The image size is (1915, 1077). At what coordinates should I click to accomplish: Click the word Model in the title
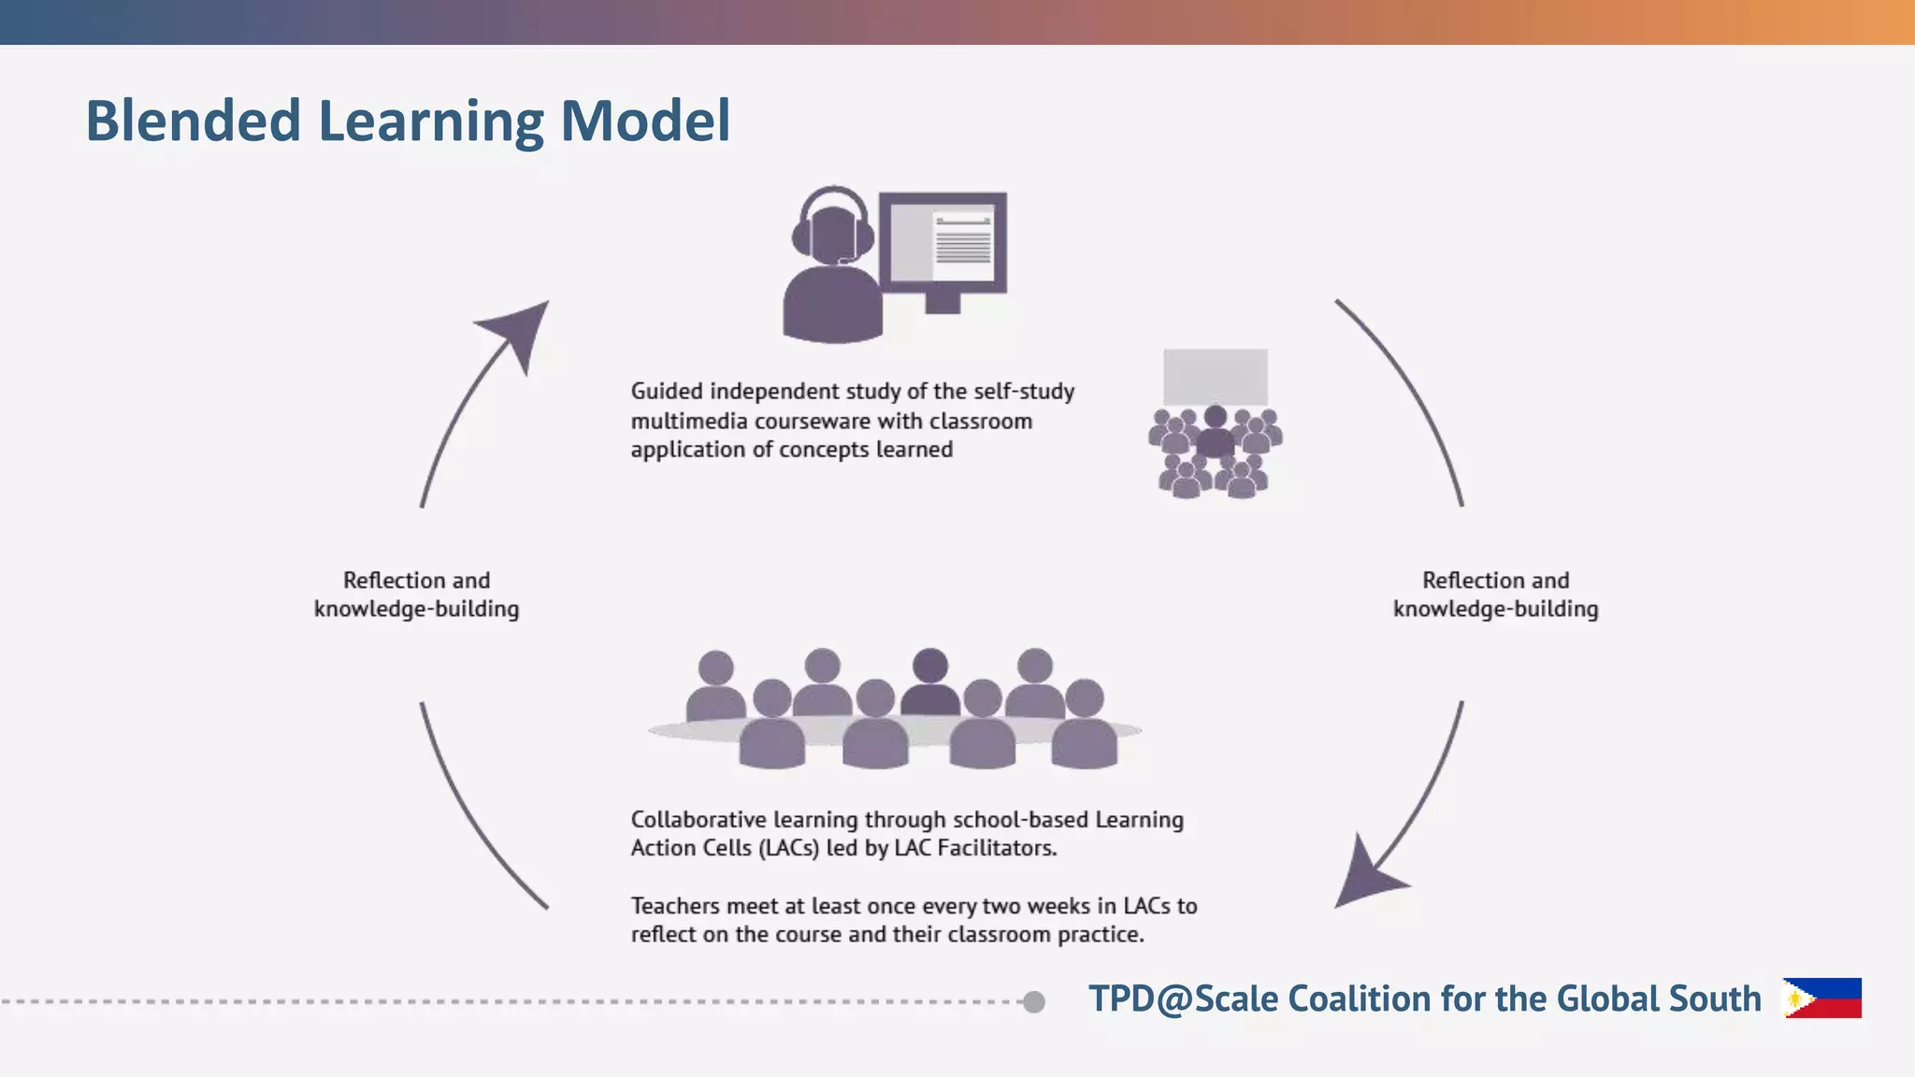coord(645,121)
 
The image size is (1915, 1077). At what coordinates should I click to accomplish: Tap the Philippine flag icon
coord(1821,998)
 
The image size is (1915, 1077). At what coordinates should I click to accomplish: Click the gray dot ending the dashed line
coord(1033,1001)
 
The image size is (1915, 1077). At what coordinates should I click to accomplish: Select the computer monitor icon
coord(943,242)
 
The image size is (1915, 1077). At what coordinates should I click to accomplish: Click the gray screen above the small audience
coord(1215,376)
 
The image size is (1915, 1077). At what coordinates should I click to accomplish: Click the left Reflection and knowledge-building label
coord(416,595)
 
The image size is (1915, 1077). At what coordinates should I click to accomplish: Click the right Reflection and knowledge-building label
coord(1495,595)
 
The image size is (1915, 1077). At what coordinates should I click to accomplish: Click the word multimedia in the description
coord(689,421)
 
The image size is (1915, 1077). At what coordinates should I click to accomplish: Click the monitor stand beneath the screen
coord(943,303)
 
